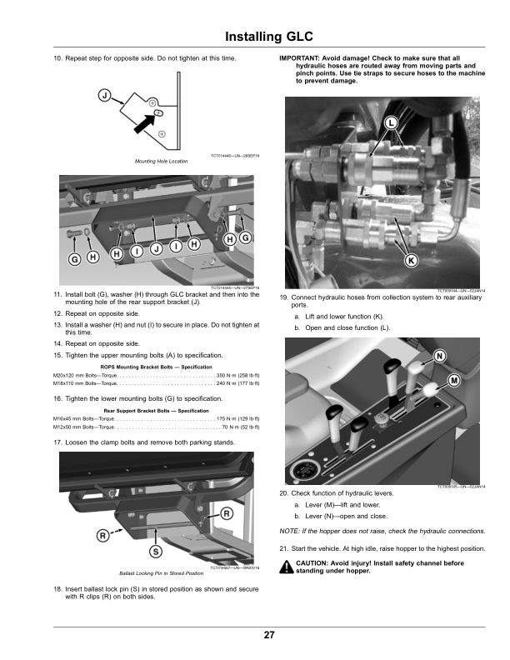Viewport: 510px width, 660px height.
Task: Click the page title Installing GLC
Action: click(269, 37)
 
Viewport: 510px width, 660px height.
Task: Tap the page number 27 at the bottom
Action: click(269, 636)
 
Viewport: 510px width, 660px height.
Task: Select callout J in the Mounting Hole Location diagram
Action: click(105, 94)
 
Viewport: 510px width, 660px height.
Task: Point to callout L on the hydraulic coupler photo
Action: click(391, 124)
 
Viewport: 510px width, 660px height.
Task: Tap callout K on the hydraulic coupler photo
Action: click(411, 260)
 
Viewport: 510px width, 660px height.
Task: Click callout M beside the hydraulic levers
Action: click(455, 380)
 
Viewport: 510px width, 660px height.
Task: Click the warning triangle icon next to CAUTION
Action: click(286, 567)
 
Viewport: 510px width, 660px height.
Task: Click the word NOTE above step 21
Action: click(290, 530)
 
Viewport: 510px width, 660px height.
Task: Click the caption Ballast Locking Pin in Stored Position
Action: click(161, 573)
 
